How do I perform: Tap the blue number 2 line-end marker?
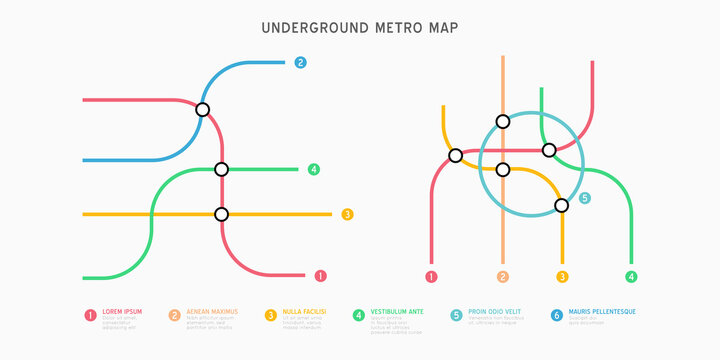click(300, 62)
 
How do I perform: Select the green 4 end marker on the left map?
click(314, 169)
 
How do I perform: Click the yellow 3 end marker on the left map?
click(347, 214)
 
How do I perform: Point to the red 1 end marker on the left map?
click(320, 275)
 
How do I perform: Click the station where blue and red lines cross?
click(203, 110)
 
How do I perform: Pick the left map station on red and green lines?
click(221, 169)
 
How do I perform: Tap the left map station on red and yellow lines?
click(221, 214)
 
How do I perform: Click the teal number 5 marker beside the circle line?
click(585, 198)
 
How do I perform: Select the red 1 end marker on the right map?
click(431, 276)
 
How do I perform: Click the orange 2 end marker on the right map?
click(502, 276)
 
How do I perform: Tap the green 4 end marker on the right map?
click(630, 276)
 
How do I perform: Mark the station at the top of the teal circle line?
click(502, 121)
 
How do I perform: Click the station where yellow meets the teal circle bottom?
click(561, 205)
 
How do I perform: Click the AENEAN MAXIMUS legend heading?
click(212, 312)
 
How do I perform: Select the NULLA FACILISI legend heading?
click(303, 312)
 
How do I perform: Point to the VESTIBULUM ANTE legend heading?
click(397, 312)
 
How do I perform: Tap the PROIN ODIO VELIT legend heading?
click(496, 312)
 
